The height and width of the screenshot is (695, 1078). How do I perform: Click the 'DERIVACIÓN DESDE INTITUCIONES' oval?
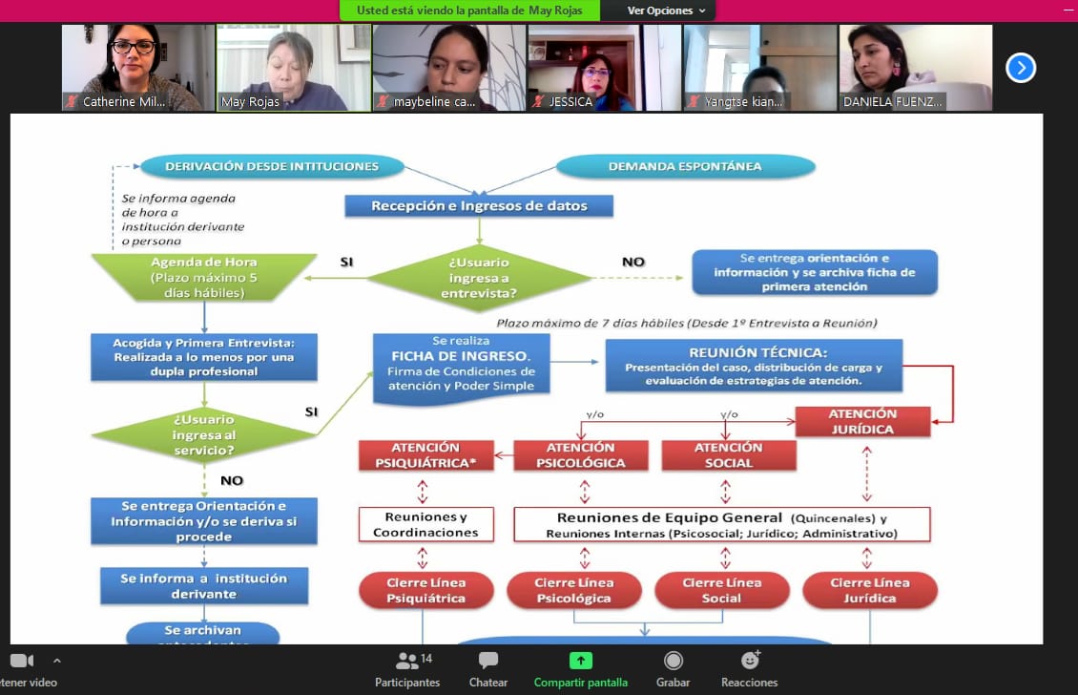point(272,166)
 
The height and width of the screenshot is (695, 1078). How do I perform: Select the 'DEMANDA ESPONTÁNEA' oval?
point(685,166)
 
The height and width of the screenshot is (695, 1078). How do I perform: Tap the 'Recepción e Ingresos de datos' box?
point(479,205)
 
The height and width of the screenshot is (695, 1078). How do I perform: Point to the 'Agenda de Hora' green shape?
point(203,277)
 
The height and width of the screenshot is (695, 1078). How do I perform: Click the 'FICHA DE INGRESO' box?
point(462,364)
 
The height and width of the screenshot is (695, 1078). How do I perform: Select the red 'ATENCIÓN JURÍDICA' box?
point(862,422)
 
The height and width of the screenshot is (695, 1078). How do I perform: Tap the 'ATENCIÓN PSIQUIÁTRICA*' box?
point(425,455)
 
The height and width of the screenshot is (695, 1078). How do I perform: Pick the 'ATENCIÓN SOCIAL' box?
point(728,455)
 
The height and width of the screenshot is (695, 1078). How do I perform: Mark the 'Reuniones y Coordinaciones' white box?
point(425,524)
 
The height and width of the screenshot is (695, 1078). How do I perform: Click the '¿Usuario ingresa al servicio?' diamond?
point(203,434)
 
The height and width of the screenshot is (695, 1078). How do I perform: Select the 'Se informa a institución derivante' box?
point(204,586)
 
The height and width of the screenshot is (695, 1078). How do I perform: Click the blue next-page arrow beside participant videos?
point(1021,68)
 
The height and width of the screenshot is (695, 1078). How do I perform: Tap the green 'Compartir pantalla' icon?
point(580,661)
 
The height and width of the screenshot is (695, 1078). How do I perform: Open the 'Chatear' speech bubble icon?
point(488,661)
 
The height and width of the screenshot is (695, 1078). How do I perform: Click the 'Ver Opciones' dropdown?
point(667,11)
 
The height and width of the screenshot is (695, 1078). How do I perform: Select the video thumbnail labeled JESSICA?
point(604,68)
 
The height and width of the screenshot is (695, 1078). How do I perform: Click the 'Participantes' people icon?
point(407,661)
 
